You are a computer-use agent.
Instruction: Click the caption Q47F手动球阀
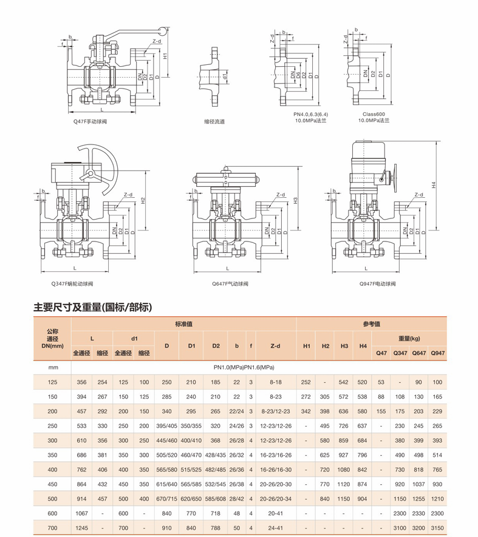(90, 121)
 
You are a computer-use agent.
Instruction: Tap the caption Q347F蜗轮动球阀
(72, 283)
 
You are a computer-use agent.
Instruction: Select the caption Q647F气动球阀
(230, 283)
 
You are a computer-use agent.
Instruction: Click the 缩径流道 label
(214, 121)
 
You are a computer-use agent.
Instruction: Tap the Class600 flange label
(374, 114)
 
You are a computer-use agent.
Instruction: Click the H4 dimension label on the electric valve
(434, 185)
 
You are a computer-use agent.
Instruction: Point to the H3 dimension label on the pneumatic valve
(296, 201)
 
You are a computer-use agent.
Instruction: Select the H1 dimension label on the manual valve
(165, 56)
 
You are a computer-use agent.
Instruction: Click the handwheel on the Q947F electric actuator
(395, 178)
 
